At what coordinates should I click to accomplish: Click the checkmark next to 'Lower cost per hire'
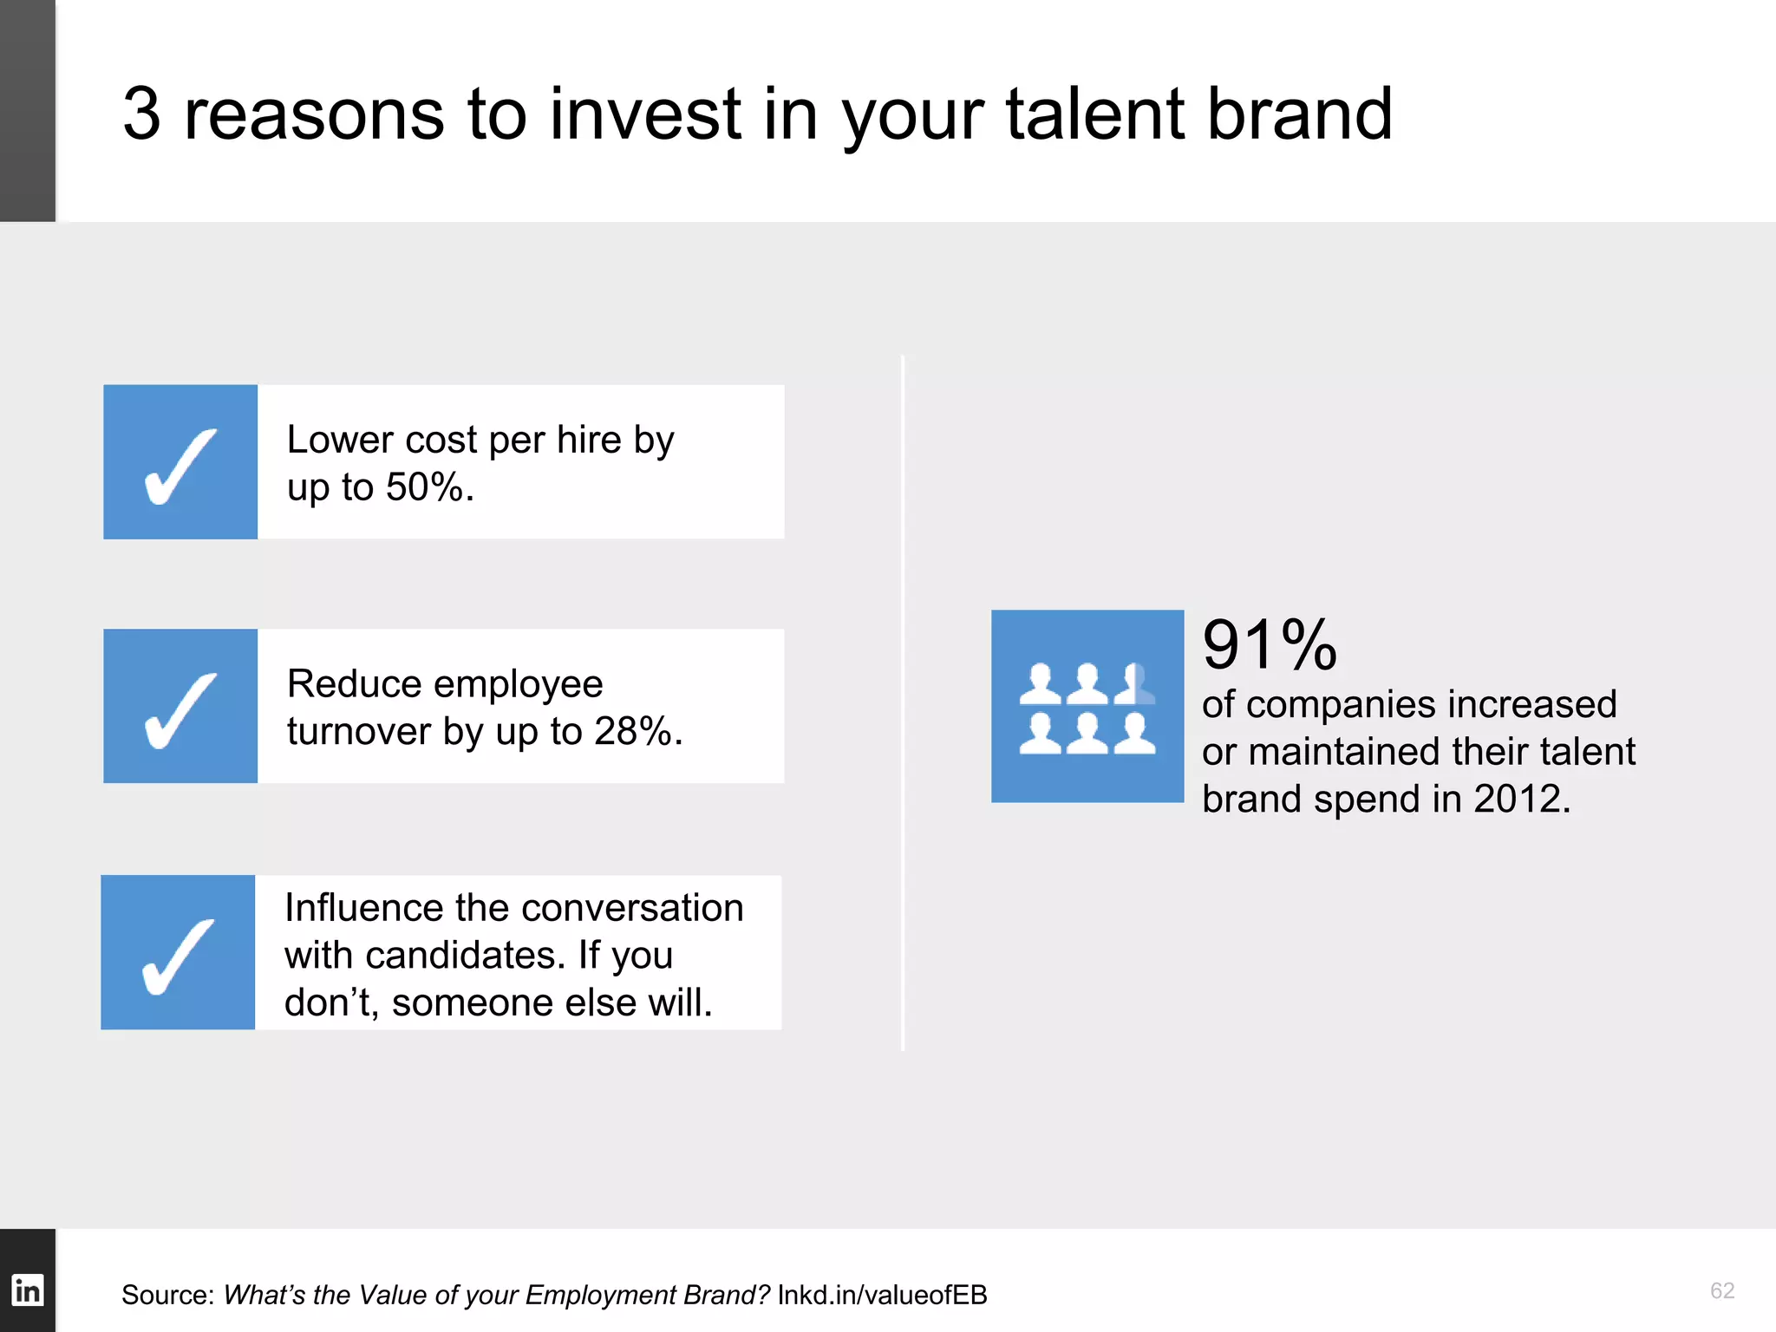coord(180,466)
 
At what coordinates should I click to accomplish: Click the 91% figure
coord(1270,645)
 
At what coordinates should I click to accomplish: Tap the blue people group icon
coord(1087,706)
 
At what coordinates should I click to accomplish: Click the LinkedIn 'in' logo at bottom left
coord(27,1290)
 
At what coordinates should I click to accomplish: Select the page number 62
coord(1721,1290)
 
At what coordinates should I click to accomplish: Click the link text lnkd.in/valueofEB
coord(882,1295)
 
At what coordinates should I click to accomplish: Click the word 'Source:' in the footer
coord(167,1295)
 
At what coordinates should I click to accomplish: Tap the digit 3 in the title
coord(141,114)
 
